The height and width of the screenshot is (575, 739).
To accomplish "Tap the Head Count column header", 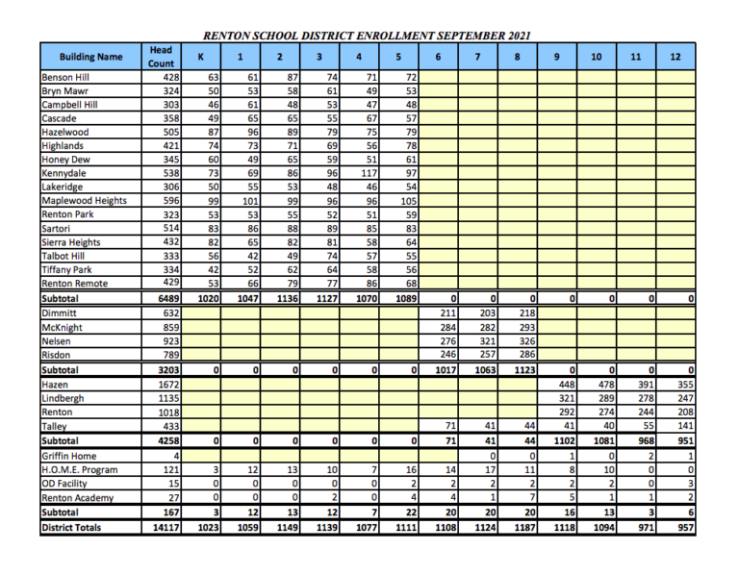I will (x=161, y=57).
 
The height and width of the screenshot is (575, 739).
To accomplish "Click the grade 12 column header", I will (x=675, y=57).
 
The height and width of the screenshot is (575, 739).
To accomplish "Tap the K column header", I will (x=200, y=57).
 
